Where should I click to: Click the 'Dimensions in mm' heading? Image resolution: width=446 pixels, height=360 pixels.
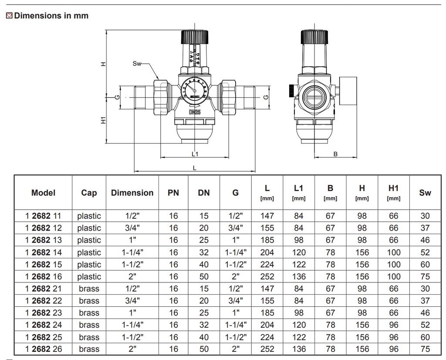[51, 16]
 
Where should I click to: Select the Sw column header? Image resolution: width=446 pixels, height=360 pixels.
[425, 193]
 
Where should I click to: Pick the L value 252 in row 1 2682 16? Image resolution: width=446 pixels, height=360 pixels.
[267, 276]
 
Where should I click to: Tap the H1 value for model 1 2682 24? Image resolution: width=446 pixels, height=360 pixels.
[393, 325]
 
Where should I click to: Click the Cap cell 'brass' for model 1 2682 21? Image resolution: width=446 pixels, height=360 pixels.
[89, 289]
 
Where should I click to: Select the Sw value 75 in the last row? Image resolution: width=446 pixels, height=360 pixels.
[425, 349]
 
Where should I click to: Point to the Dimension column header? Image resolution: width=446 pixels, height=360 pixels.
[132, 193]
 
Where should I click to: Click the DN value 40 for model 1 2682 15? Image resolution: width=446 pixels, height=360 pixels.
[203, 265]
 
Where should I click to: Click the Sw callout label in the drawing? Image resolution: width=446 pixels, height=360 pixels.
[137, 64]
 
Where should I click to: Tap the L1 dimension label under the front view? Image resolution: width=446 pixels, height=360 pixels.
[195, 154]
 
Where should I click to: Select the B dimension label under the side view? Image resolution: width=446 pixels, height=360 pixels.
[335, 154]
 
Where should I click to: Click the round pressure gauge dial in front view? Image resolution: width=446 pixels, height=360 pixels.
[195, 89]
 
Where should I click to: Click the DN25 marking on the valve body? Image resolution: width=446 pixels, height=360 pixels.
[195, 112]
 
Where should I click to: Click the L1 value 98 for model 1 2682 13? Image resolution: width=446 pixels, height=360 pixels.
[298, 240]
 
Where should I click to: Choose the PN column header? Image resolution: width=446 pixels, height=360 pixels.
[173, 193]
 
